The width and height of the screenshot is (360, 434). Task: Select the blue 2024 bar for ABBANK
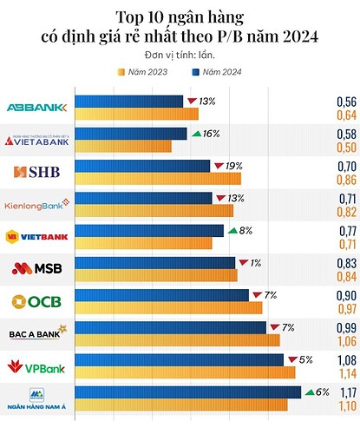(x=129, y=102)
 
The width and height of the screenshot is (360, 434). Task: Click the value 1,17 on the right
(x=345, y=391)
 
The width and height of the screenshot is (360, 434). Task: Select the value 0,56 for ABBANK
(x=345, y=102)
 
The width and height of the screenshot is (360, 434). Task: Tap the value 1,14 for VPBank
(x=345, y=373)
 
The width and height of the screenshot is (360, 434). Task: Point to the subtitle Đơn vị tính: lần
(x=180, y=55)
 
